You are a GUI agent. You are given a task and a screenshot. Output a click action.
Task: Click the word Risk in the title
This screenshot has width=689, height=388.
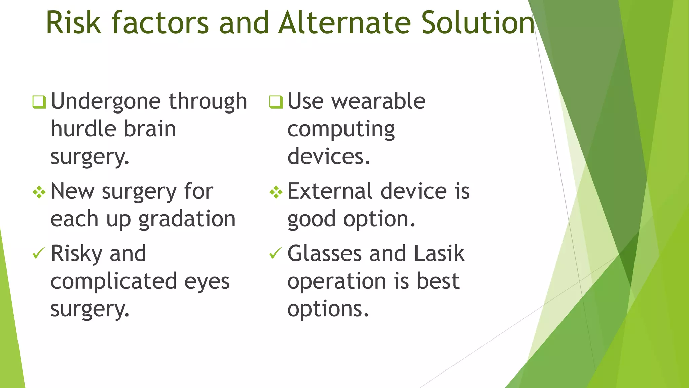coord(73,23)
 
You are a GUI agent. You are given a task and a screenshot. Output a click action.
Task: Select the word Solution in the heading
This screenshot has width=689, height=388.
coord(478,23)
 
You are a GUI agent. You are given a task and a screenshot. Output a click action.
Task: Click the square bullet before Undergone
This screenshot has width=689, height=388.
coord(39,102)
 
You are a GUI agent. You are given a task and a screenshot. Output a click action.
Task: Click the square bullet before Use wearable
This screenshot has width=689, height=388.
coord(276,102)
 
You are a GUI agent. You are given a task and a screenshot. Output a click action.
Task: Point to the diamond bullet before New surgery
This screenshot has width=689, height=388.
coord(39,192)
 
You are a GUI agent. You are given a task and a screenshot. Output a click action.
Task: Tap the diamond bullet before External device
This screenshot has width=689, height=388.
coord(276,192)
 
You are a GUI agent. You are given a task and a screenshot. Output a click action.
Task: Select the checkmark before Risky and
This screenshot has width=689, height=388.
coord(38,253)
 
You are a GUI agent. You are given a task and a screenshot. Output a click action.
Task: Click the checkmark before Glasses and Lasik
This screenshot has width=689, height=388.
coord(275,253)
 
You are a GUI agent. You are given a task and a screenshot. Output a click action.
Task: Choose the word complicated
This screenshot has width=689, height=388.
coord(113,281)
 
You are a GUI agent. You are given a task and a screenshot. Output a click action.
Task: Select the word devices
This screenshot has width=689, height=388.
coord(329,157)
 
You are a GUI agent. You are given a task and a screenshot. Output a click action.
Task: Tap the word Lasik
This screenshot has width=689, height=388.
coord(439,253)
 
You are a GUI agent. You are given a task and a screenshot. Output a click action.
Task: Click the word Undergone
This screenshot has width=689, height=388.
coord(105,102)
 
